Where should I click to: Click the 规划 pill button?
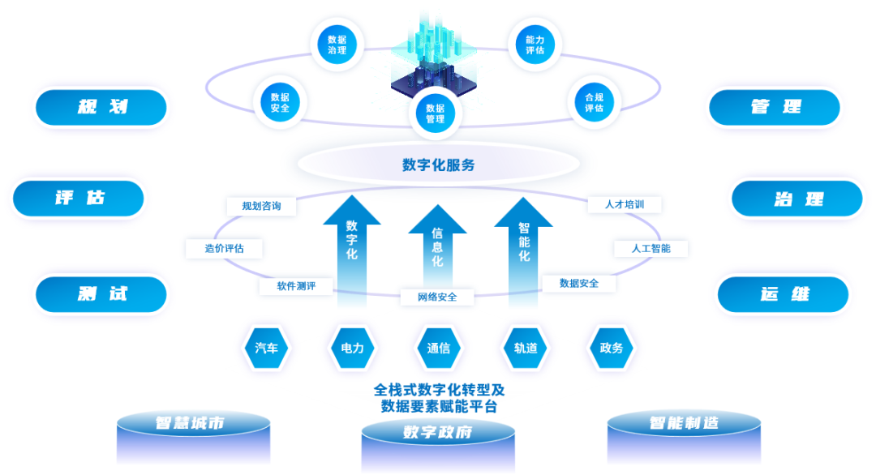point(101,107)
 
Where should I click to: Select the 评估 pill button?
point(79,198)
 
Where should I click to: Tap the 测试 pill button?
point(101,293)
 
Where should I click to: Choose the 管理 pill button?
point(775,107)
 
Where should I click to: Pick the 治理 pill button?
point(797,199)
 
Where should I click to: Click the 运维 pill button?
point(784,294)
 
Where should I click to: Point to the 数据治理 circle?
point(337,45)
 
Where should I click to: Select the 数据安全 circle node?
point(280,101)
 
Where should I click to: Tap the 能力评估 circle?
point(535,45)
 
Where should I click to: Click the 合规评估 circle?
point(594,101)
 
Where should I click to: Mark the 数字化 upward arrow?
point(351,243)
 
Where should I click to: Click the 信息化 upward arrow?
point(437,251)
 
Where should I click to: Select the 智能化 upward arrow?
point(524,243)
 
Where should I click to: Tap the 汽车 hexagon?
point(267,348)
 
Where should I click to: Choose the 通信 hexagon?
point(439,348)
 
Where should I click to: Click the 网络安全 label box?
point(437,297)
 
